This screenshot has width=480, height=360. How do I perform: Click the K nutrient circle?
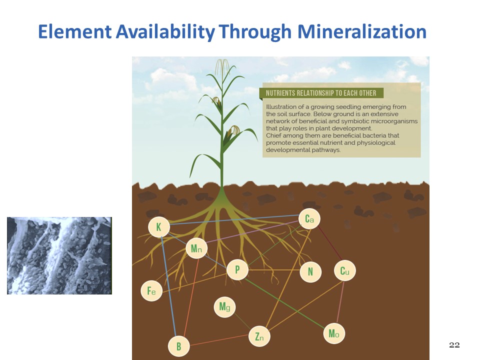pyautogui.click(x=159, y=227)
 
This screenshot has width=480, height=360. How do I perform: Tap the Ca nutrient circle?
pyautogui.click(x=309, y=219)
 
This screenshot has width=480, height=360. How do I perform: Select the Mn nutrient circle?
pyautogui.click(x=196, y=248)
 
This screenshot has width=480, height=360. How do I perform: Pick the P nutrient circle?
pyautogui.click(x=237, y=269)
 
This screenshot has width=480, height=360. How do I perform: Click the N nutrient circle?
pyautogui.click(x=310, y=271)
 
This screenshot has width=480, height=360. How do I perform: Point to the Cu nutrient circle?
pyautogui.click(x=344, y=270)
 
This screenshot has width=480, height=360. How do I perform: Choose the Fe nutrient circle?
pyautogui.click(x=151, y=290)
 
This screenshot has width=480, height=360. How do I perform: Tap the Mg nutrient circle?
pyautogui.click(x=224, y=306)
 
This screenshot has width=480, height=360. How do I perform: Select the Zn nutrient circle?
pyautogui.click(x=259, y=336)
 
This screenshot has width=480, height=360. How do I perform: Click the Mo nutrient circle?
pyautogui.click(x=334, y=333)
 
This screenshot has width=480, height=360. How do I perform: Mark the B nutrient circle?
pyautogui.click(x=179, y=346)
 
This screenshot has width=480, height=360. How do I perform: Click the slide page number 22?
pyautogui.click(x=454, y=345)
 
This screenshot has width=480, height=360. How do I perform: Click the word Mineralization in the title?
pyautogui.click(x=362, y=31)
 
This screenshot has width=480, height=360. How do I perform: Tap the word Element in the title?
pyautogui.click(x=75, y=31)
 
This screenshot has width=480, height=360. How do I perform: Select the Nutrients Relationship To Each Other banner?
pyautogui.click(x=321, y=93)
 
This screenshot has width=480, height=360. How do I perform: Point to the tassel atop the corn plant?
pyautogui.click(x=222, y=66)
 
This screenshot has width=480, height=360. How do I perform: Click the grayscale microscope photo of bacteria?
pyautogui.click(x=59, y=255)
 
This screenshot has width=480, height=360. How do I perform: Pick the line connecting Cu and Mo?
pyautogui.click(x=340, y=302)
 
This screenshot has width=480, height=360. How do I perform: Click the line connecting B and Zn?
pyautogui.click(x=219, y=340)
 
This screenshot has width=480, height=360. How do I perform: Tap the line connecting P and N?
pyautogui.click(x=274, y=270)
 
